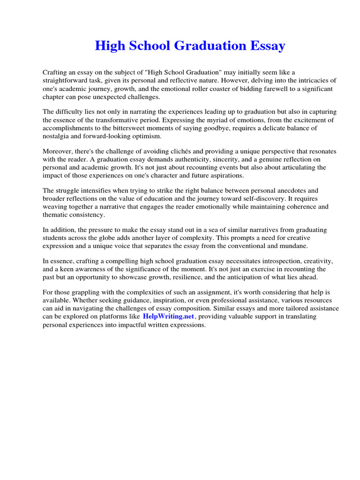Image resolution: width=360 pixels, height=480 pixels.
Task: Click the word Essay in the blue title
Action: (x=266, y=46)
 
